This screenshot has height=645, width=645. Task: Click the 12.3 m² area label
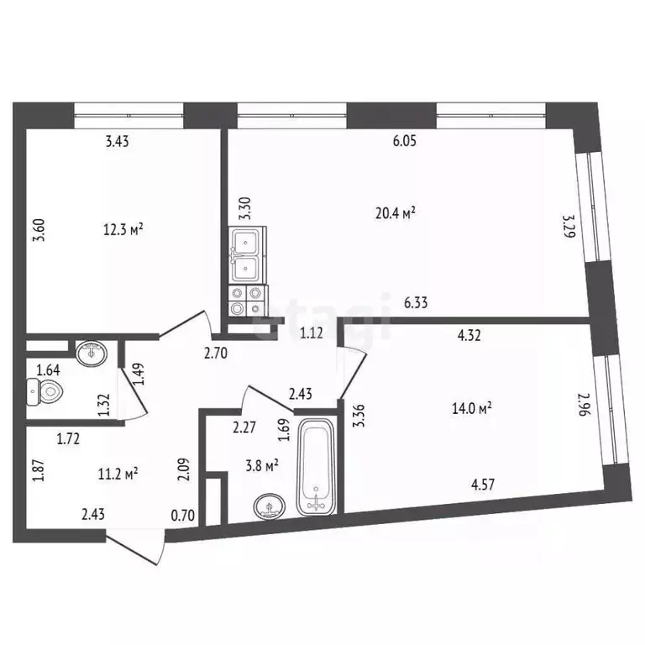123,228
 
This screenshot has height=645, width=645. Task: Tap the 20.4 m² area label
396,213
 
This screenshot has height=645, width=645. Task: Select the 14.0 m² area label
470,408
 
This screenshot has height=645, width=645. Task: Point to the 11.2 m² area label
118,474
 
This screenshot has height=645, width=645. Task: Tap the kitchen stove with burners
246,301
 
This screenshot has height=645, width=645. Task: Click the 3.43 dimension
118,142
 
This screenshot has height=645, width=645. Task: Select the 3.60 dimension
38,228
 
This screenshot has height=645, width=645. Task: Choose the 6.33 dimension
416,304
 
